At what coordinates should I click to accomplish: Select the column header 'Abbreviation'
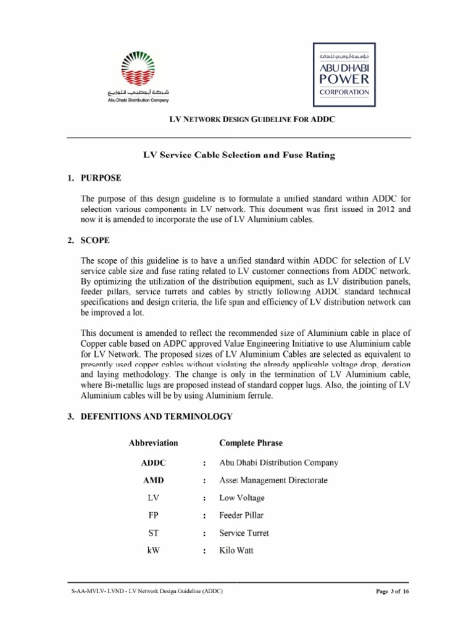(153, 443)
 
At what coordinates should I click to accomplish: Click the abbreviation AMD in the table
(153, 480)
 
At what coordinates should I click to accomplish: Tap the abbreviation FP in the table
(154, 515)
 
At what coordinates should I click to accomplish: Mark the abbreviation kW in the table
(154, 551)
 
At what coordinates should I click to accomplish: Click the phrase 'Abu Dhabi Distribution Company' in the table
(278, 463)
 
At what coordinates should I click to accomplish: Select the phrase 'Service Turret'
(244, 533)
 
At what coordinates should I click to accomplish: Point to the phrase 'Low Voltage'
(241, 498)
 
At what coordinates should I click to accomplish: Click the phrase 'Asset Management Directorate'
(273, 480)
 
